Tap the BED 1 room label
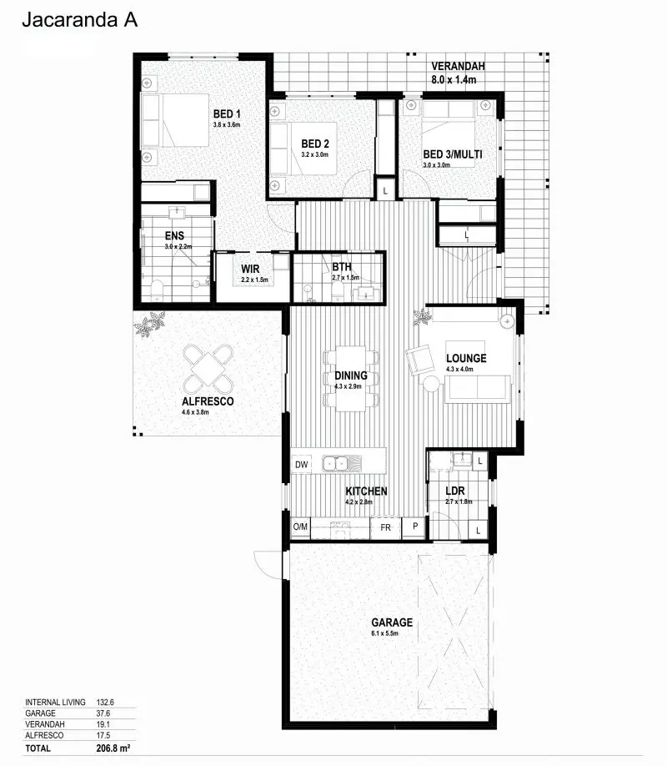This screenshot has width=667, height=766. tap(226, 114)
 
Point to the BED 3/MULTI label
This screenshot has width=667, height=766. tap(453, 154)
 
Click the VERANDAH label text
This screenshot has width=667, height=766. tap(458, 66)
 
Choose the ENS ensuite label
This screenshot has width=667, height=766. tap(174, 235)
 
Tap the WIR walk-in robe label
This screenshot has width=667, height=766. tap(252, 269)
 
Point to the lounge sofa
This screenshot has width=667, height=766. tap(477, 389)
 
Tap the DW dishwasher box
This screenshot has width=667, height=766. tap(301, 464)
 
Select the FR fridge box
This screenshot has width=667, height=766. tap(385, 527)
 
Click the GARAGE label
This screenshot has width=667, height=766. tap(392, 622)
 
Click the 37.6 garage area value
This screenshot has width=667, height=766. tap(103, 713)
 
